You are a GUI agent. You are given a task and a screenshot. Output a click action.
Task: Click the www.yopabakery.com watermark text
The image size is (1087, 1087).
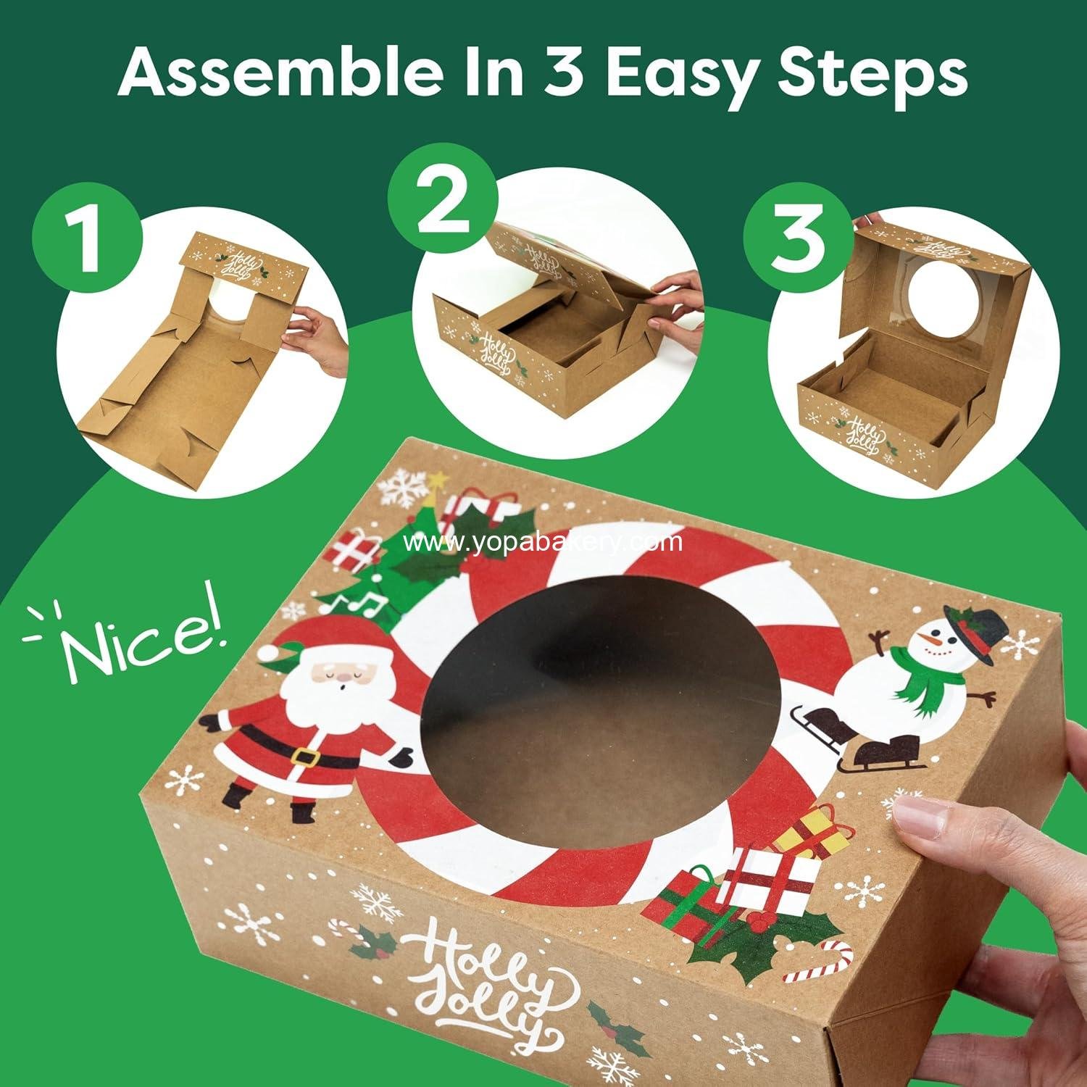(x=543, y=542)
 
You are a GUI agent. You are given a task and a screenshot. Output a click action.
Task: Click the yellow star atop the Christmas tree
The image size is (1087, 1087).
(x=438, y=480)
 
